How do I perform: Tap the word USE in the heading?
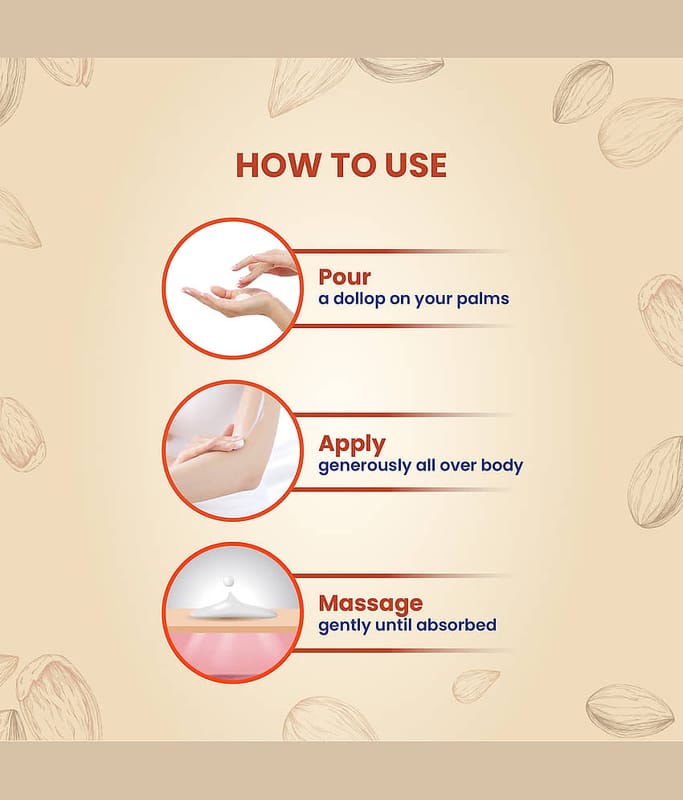(416, 165)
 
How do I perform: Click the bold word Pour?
(344, 277)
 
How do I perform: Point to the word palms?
(483, 298)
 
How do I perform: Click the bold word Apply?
(352, 444)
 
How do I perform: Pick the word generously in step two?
(364, 466)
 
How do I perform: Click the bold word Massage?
(371, 603)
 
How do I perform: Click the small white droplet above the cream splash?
(229, 581)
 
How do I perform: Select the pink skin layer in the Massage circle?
(232, 653)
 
